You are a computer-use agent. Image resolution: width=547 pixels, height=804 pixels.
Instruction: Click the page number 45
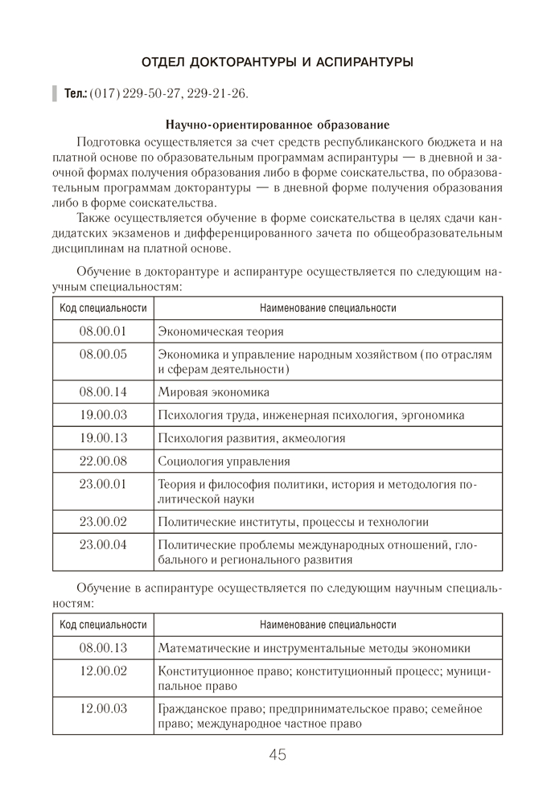[x=278, y=755]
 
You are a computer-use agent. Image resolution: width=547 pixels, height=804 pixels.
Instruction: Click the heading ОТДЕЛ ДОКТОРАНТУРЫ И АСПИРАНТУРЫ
[x=278, y=62]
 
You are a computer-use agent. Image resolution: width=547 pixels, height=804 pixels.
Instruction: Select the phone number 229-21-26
[x=217, y=94]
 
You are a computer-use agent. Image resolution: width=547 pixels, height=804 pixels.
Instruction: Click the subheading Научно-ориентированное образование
[x=278, y=125]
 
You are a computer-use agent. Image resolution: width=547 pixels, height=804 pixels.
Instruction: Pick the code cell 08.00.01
[x=103, y=331]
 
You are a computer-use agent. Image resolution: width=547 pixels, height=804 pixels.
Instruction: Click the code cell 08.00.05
[x=103, y=355]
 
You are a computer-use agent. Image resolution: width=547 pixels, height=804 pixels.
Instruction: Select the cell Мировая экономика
[x=214, y=392]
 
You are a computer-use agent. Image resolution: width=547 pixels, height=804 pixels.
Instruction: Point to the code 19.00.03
[x=103, y=415]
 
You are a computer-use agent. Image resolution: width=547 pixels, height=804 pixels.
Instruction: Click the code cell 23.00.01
[x=103, y=484]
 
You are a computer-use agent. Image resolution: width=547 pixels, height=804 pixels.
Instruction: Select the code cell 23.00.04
[x=103, y=545]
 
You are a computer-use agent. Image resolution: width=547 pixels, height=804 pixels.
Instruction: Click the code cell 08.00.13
[x=103, y=648]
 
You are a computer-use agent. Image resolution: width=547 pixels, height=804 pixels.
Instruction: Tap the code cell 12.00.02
[x=103, y=671]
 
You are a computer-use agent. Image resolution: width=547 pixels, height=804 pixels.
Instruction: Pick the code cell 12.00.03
[x=103, y=709]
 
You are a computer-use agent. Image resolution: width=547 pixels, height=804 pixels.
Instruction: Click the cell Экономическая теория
[x=221, y=331]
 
